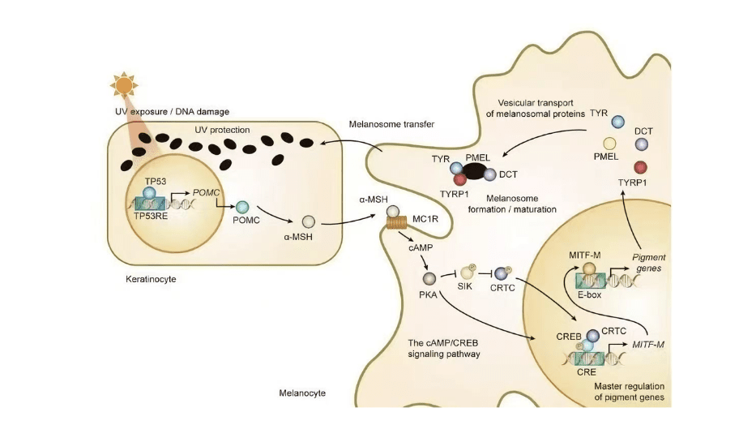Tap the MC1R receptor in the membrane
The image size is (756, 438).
pyautogui.click(x=394, y=221)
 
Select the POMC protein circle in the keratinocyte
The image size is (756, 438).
pyautogui.click(x=242, y=208)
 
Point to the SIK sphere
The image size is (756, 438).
pyautogui.click(x=468, y=273)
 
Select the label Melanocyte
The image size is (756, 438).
pyautogui.click(x=301, y=393)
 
